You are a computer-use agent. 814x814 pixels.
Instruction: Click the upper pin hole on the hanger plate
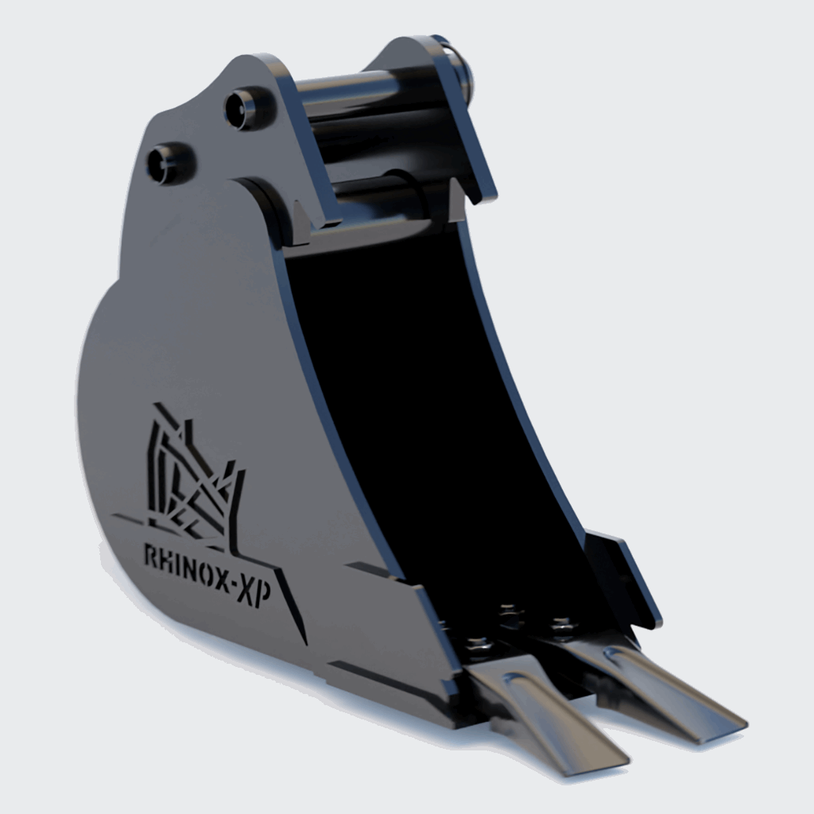point(242,109)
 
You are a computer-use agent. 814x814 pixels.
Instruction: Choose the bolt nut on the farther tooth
point(562,626)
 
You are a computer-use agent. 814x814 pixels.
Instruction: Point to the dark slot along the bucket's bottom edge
point(382,680)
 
